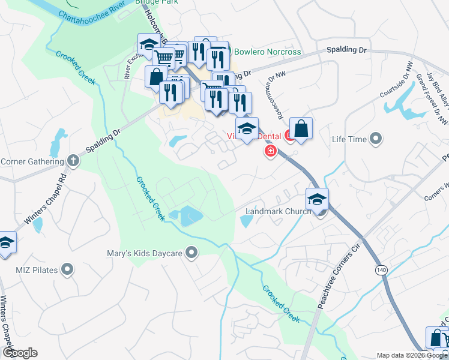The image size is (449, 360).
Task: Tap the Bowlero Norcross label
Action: point(267,52)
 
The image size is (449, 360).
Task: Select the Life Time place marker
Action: point(376,139)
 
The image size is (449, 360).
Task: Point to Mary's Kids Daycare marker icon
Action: point(192,253)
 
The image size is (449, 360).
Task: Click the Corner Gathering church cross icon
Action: point(73,161)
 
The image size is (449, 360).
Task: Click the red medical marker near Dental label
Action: point(271,151)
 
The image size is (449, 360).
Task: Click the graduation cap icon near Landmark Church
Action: point(318,198)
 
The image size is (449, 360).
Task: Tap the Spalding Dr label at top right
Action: point(346,50)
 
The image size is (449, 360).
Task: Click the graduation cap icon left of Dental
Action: point(246,128)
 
